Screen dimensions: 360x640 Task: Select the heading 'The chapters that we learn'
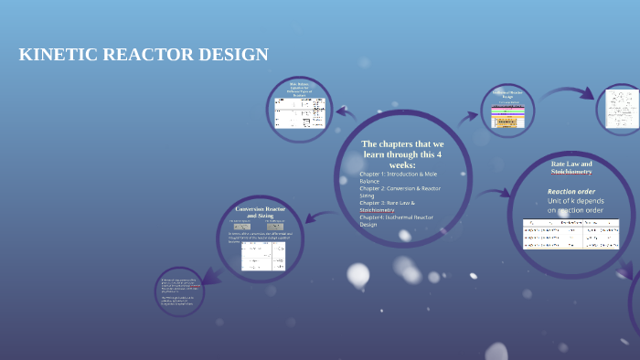point(401,150)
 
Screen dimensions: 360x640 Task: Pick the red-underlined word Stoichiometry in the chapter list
point(377,209)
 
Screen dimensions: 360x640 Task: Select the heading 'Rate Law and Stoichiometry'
point(571,167)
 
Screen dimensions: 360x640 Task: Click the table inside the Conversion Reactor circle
point(263,257)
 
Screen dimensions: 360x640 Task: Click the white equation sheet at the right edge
point(618,110)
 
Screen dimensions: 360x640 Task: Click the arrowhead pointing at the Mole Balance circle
point(340,111)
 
